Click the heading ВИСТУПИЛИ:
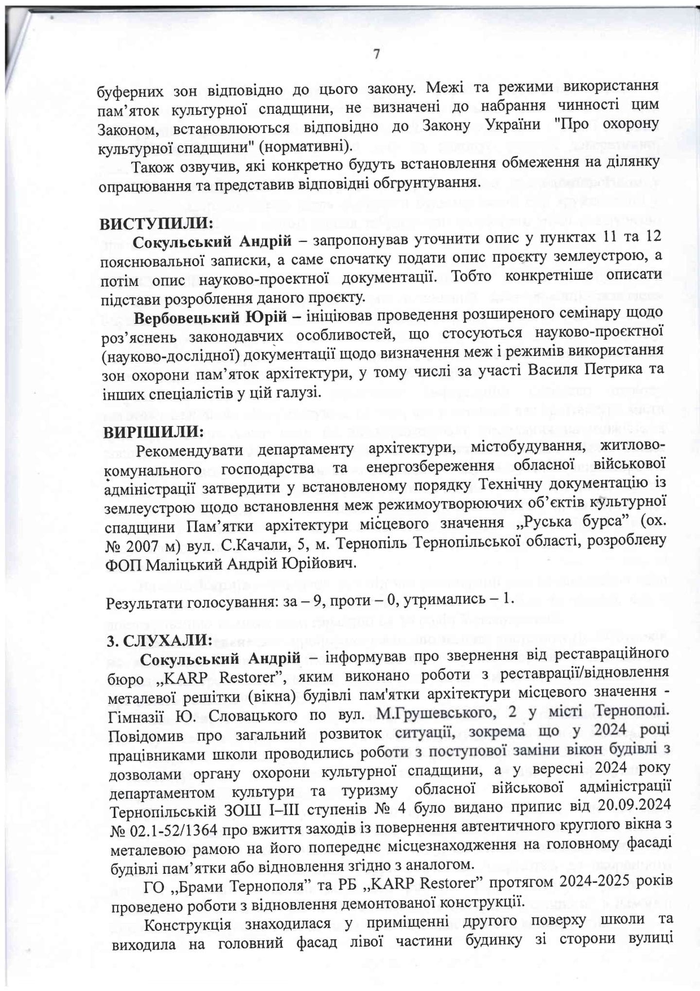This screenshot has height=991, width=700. [x=157, y=224]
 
